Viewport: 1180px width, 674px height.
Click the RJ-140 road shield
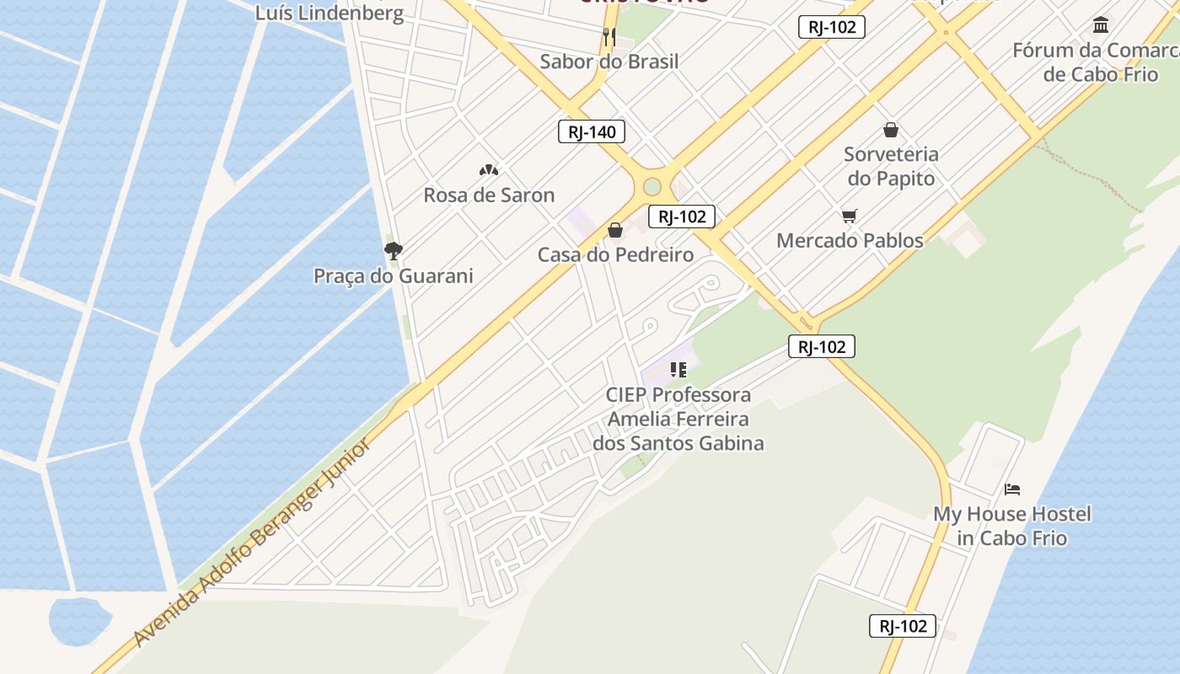pyautogui.click(x=592, y=131)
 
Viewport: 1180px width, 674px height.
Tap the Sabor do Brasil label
pyautogui.click(x=609, y=62)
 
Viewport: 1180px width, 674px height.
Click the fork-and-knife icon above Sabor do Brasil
pyautogui.click(x=609, y=36)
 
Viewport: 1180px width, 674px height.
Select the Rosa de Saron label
pyautogui.click(x=489, y=195)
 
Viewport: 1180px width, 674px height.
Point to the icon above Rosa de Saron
pyautogui.click(x=488, y=170)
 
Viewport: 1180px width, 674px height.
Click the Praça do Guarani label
pyautogui.click(x=393, y=276)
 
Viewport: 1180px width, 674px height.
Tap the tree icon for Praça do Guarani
pyautogui.click(x=393, y=250)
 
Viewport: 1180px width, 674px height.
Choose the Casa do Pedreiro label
pyautogui.click(x=615, y=254)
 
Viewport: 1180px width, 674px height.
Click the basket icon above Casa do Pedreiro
pyautogui.click(x=615, y=230)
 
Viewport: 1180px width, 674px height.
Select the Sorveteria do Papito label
pyautogui.click(x=891, y=166)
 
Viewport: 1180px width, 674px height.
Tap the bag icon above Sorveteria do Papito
pyautogui.click(x=891, y=130)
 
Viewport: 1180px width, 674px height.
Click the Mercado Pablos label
pyautogui.click(x=850, y=241)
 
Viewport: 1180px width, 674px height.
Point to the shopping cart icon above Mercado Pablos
pyautogui.click(x=850, y=217)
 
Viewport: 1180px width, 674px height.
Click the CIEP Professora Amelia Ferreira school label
pyautogui.click(x=678, y=419)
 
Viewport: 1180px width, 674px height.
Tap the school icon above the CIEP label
pyautogui.click(x=678, y=369)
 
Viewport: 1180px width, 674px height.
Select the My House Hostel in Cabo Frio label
pyautogui.click(x=1012, y=526)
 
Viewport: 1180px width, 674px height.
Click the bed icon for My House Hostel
pyautogui.click(x=1012, y=489)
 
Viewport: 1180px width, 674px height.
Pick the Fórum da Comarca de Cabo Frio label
pyautogui.click(x=1095, y=62)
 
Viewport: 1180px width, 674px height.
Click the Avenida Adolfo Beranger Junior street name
pyautogui.click(x=252, y=543)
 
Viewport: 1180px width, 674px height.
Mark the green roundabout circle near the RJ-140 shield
pyautogui.click(x=652, y=187)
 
